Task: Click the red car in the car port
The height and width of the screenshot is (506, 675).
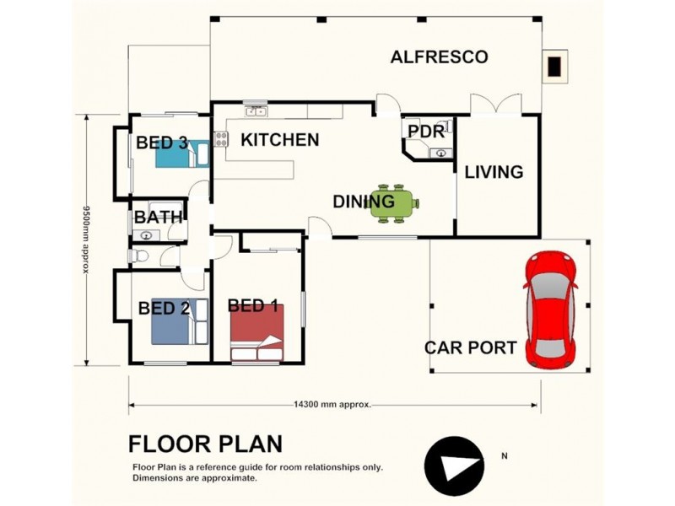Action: (x=550, y=310)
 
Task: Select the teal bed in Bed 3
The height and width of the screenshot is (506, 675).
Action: (x=182, y=153)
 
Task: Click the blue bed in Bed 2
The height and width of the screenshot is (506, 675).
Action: (x=180, y=321)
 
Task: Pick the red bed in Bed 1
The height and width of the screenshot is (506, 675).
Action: (x=257, y=332)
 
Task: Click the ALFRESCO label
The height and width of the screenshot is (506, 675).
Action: (x=439, y=57)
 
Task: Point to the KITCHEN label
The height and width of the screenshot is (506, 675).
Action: (x=280, y=140)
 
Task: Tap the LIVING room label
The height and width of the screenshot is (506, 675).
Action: (x=494, y=172)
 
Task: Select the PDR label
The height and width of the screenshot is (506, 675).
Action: (x=426, y=132)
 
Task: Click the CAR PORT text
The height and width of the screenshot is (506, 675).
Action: (x=471, y=347)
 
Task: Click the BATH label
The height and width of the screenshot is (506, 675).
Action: (x=159, y=218)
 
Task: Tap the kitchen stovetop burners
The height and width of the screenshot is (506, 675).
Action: (x=221, y=138)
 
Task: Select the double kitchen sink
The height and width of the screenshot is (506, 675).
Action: (x=256, y=112)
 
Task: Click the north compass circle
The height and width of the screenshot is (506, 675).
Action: (x=454, y=466)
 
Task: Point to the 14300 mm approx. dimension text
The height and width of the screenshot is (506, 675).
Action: (x=332, y=405)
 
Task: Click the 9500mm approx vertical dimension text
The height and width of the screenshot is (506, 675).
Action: (x=87, y=240)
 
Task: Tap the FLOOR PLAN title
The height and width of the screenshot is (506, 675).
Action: (x=206, y=444)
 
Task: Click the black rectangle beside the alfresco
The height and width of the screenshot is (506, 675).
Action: (x=554, y=67)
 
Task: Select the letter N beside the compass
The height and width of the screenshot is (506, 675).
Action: (x=504, y=455)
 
